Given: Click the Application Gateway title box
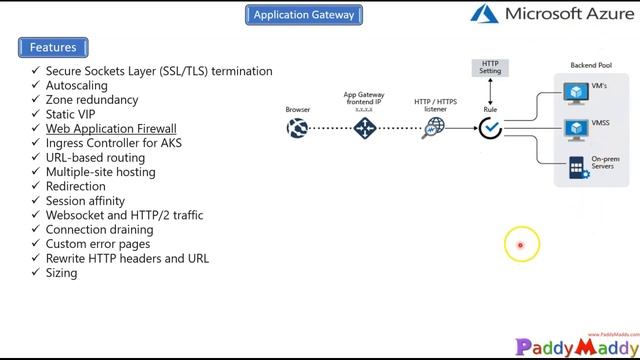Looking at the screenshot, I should [303, 15].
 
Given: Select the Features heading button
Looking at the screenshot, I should [53, 47].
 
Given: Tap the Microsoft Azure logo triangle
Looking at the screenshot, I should [484, 14].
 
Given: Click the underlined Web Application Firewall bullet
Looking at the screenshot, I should [111, 129].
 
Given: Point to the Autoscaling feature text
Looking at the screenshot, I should [76, 86].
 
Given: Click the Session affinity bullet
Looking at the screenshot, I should [85, 201].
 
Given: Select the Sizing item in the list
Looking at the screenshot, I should [61, 273].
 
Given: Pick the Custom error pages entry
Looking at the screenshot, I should [98, 244].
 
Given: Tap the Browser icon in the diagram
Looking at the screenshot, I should [297, 128].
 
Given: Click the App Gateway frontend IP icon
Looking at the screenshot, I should [364, 128].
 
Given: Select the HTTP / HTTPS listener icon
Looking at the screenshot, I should [434, 128].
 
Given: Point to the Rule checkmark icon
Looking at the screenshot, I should [490, 128].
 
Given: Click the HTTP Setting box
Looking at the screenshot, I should [490, 68].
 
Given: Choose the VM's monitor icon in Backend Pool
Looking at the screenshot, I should [576, 94].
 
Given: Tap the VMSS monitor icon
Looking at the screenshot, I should [576, 130].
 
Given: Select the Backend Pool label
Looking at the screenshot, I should [590, 66].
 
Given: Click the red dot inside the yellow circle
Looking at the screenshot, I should [520, 245].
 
